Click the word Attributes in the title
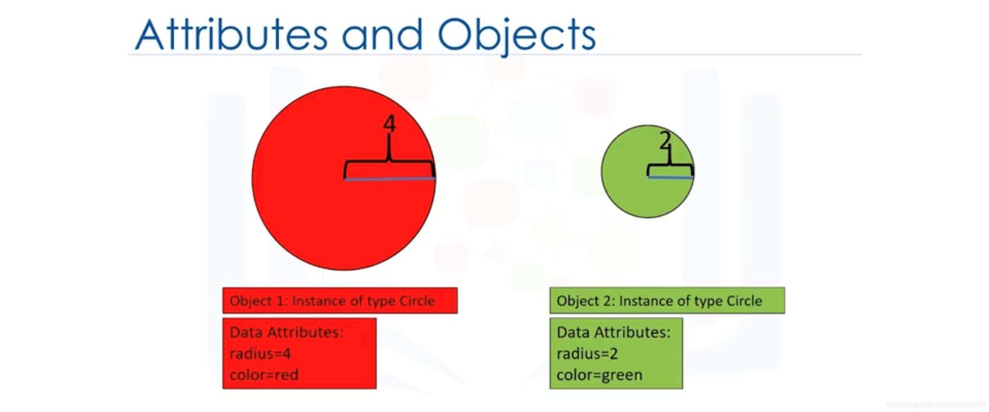click(x=231, y=34)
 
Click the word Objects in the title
click(x=517, y=36)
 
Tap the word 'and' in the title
click(x=382, y=35)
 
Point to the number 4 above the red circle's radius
click(x=389, y=124)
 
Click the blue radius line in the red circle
click(x=389, y=179)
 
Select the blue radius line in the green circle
click(x=670, y=177)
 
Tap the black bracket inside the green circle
click(x=670, y=165)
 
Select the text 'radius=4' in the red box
click(x=260, y=354)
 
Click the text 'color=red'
click(x=264, y=375)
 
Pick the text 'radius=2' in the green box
click(x=587, y=354)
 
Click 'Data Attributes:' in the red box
click(x=286, y=332)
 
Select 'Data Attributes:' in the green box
click(x=613, y=332)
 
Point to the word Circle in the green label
click(x=744, y=301)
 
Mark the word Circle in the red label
click(x=417, y=301)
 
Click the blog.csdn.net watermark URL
click(x=936, y=404)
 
